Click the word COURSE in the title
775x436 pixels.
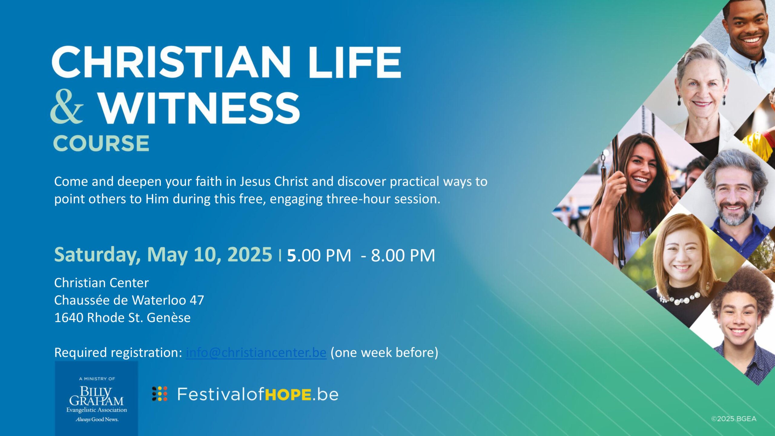click(101, 143)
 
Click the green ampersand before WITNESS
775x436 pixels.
click(67, 107)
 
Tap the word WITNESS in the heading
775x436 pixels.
click(200, 108)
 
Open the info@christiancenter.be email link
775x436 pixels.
click(256, 352)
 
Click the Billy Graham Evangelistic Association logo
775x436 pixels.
click(97, 398)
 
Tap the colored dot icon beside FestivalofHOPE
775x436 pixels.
click(160, 394)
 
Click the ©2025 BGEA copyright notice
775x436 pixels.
click(734, 419)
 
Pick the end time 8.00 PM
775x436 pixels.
click(403, 255)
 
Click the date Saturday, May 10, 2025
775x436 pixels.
click(163, 255)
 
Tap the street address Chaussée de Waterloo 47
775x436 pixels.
click(129, 300)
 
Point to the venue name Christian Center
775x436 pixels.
click(101, 283)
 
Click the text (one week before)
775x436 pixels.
click(384, 352)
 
